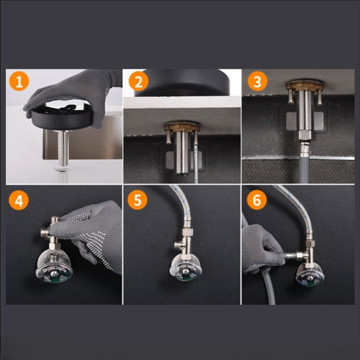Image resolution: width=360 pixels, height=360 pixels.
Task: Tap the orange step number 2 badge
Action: [x=138, y=82]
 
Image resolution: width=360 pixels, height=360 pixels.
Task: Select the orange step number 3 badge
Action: [x=257, y=82]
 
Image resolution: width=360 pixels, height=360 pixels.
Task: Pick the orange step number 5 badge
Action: [x=138, y=200]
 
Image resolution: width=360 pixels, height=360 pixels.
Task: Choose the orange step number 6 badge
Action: [x=257, y=200]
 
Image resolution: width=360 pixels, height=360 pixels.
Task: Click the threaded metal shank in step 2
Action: [x=182, y=153]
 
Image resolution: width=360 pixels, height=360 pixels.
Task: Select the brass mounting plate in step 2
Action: [x=182, y=127]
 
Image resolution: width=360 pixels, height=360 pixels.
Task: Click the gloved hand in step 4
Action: [x=97, y=234]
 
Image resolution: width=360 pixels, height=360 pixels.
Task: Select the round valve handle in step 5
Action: [x=185, y=268]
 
